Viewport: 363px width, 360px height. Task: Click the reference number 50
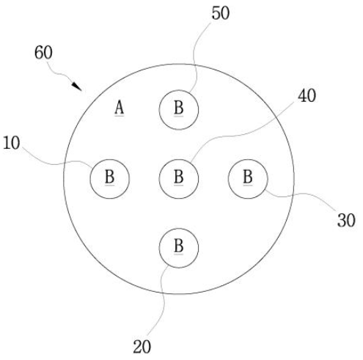click(221, 13)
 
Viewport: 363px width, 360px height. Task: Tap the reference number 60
click(43, 53)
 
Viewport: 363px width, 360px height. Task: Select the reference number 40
click(307, 95)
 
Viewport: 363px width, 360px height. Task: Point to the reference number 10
click(12, 143)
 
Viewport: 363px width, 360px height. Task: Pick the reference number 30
click(346, 221)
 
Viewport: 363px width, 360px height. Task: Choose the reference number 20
click(142, 347)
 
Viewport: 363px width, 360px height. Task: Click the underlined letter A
click(120, 108)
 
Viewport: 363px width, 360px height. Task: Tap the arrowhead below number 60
click(77, 87)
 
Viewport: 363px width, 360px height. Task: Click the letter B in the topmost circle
click(179, 108)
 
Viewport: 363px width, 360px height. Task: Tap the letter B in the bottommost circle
click(179, 246)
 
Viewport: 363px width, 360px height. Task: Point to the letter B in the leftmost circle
click(109, 177)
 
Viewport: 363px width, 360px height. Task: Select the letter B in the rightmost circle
click(248, 177)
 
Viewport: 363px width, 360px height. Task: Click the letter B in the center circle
click(179, 177)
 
